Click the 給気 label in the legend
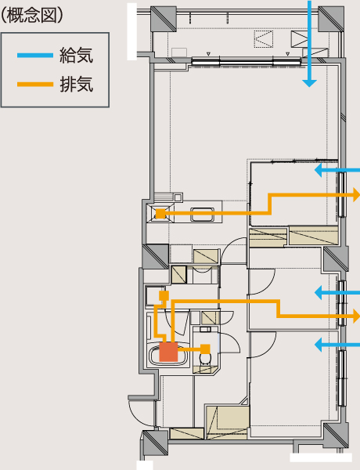(x=77, y=55)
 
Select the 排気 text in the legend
(x=77, y=85)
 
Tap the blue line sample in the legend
(x=35, y=55)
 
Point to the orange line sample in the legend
(x=35, y=85)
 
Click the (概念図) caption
(x=31, y=16)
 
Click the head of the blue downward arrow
(x=309, y=83)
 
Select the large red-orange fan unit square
(x=168, y=352)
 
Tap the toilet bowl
(x=205, y=359)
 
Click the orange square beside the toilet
(x=205, y=349)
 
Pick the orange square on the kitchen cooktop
(x=161, y=213)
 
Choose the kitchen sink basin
(x=202, y=215)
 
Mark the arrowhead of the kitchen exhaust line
(x=356, y=195)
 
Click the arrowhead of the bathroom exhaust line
(x=356, y=316)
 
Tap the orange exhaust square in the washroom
(x=164, y=295)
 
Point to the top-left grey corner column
(x=164, y=19)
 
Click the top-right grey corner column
(x=331, y=19)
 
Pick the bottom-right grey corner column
(x=336, y=436)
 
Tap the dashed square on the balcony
(x=264, y=39)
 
